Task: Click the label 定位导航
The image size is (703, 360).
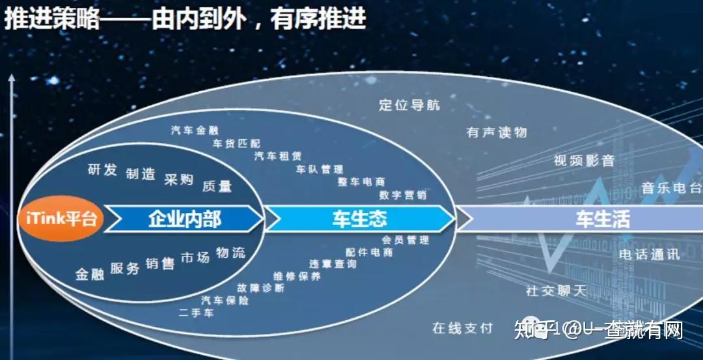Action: coord(409,105)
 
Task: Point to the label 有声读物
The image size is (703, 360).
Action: coord(497,132)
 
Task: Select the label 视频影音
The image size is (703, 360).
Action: coord(584,161)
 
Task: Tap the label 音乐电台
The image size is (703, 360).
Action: coord(671,189)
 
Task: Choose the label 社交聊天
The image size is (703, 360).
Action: coord(557,291)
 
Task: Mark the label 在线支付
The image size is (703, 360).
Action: coord(463,328)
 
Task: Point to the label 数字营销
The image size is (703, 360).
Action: coord(403,195)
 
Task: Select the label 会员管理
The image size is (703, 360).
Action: coord(406,240)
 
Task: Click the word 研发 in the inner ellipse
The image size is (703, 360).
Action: coord(102,170)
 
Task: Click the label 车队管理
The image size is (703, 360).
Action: coord(320,169)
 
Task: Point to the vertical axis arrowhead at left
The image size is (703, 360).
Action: coord(11,80)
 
